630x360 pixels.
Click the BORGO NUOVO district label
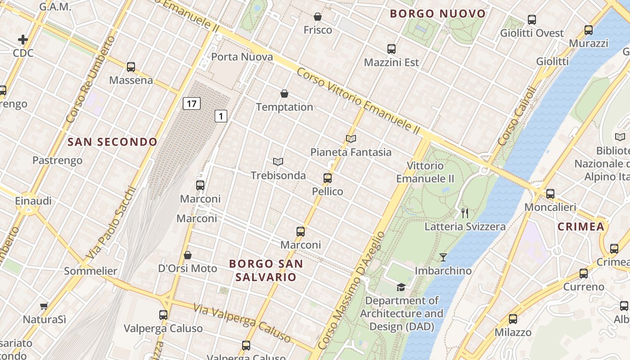438,13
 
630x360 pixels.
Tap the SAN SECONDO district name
112,142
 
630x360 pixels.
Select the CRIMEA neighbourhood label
581,227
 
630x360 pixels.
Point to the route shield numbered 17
191,104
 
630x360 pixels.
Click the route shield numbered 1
220,116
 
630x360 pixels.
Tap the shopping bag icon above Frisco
318,17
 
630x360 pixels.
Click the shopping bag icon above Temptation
284,94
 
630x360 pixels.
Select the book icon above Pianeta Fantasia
351,139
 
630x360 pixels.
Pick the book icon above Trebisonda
278,162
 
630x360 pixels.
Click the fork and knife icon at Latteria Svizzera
465,213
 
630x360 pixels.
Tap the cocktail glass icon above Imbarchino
443,257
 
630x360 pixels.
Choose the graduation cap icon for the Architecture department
400,287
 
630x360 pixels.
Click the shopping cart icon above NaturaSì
44,306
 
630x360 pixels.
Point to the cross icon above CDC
23,40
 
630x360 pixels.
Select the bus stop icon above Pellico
328,178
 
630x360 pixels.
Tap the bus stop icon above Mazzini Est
391,49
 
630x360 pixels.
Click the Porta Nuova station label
242,57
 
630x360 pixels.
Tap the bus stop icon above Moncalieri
550,194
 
